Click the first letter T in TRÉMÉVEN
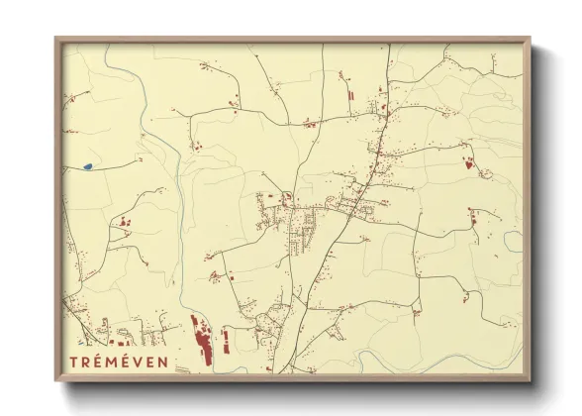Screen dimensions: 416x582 pos(74,361)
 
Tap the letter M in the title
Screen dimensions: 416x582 pos(110,361)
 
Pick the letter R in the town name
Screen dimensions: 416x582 pos(86,361)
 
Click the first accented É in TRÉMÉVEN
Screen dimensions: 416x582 pos(97,361)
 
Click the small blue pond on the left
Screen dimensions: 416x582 pos(88,166)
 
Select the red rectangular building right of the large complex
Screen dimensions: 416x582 pos(226,342)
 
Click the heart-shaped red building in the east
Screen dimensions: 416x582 pos(467,164)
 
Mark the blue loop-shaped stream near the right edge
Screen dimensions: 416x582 pos(512,241)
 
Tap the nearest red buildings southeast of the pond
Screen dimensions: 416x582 pos(124,222)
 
